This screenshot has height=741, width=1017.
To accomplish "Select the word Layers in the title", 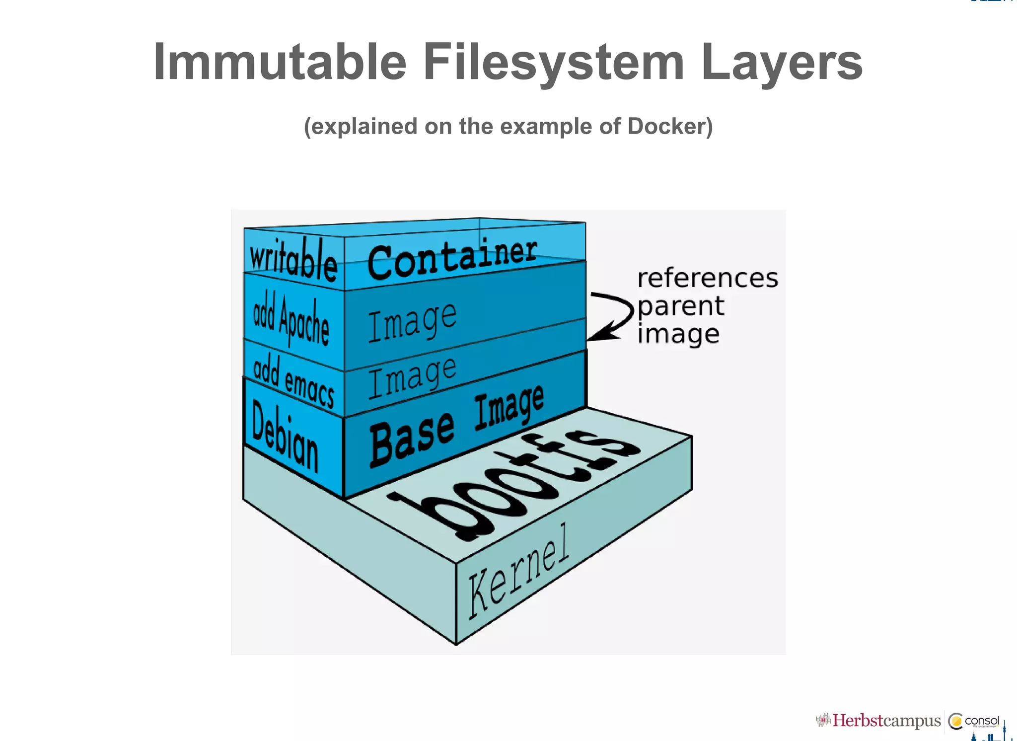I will point(782,63).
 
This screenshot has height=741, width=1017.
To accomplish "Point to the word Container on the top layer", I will point(452,258).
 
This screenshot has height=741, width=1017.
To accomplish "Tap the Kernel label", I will point(518,571).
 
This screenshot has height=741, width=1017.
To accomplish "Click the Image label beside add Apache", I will point(412,322).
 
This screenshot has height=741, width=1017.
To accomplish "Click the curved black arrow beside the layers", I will point(612,316).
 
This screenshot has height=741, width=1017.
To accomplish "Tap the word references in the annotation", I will point(707,278).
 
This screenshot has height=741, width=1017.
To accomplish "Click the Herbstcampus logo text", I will point(886,721).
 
